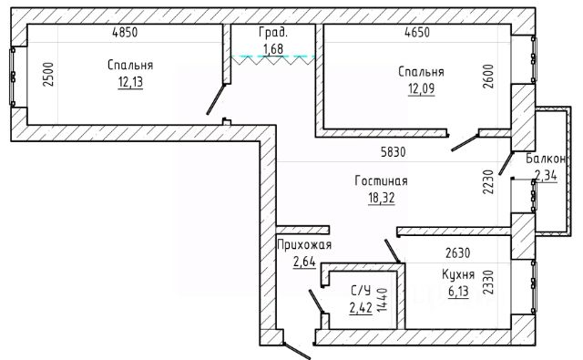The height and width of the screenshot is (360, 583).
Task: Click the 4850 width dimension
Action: (x=125, y=33)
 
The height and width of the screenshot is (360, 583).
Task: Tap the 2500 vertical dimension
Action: (x=48, y=75)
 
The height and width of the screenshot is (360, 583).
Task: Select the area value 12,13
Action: (x=130, y=82)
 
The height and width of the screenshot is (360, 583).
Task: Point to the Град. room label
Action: (x=273, y=33)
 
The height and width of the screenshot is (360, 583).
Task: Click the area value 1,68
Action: (x=273, y=48)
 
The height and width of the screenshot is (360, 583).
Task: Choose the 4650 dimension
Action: (x=417, y=33)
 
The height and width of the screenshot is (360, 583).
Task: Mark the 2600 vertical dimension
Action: (x=488, y=77)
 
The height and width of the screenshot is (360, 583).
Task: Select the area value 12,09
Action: (x=421, y=89)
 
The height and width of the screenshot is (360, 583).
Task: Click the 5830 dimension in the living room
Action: (x=394, y=152)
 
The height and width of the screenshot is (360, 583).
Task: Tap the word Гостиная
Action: (x=381, y=181)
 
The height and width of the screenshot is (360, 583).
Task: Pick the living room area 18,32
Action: (x=382, y=198)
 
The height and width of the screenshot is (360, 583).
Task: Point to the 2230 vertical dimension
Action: (x=488, y=182)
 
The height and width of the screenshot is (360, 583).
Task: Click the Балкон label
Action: (x=546, y=159)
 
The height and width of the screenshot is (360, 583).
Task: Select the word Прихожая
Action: (x=304, y=245)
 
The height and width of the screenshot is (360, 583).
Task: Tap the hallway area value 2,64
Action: (x=304, y=262)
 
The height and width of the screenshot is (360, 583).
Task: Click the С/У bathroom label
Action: (x=361, y=290)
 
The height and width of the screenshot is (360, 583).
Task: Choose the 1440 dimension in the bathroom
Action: (x=382, y=300)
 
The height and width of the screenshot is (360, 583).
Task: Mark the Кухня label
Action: (x=458, y=274)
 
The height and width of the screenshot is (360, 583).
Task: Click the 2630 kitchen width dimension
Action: (x=458, y=252)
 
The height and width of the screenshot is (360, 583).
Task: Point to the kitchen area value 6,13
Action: (x=458, y=292)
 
